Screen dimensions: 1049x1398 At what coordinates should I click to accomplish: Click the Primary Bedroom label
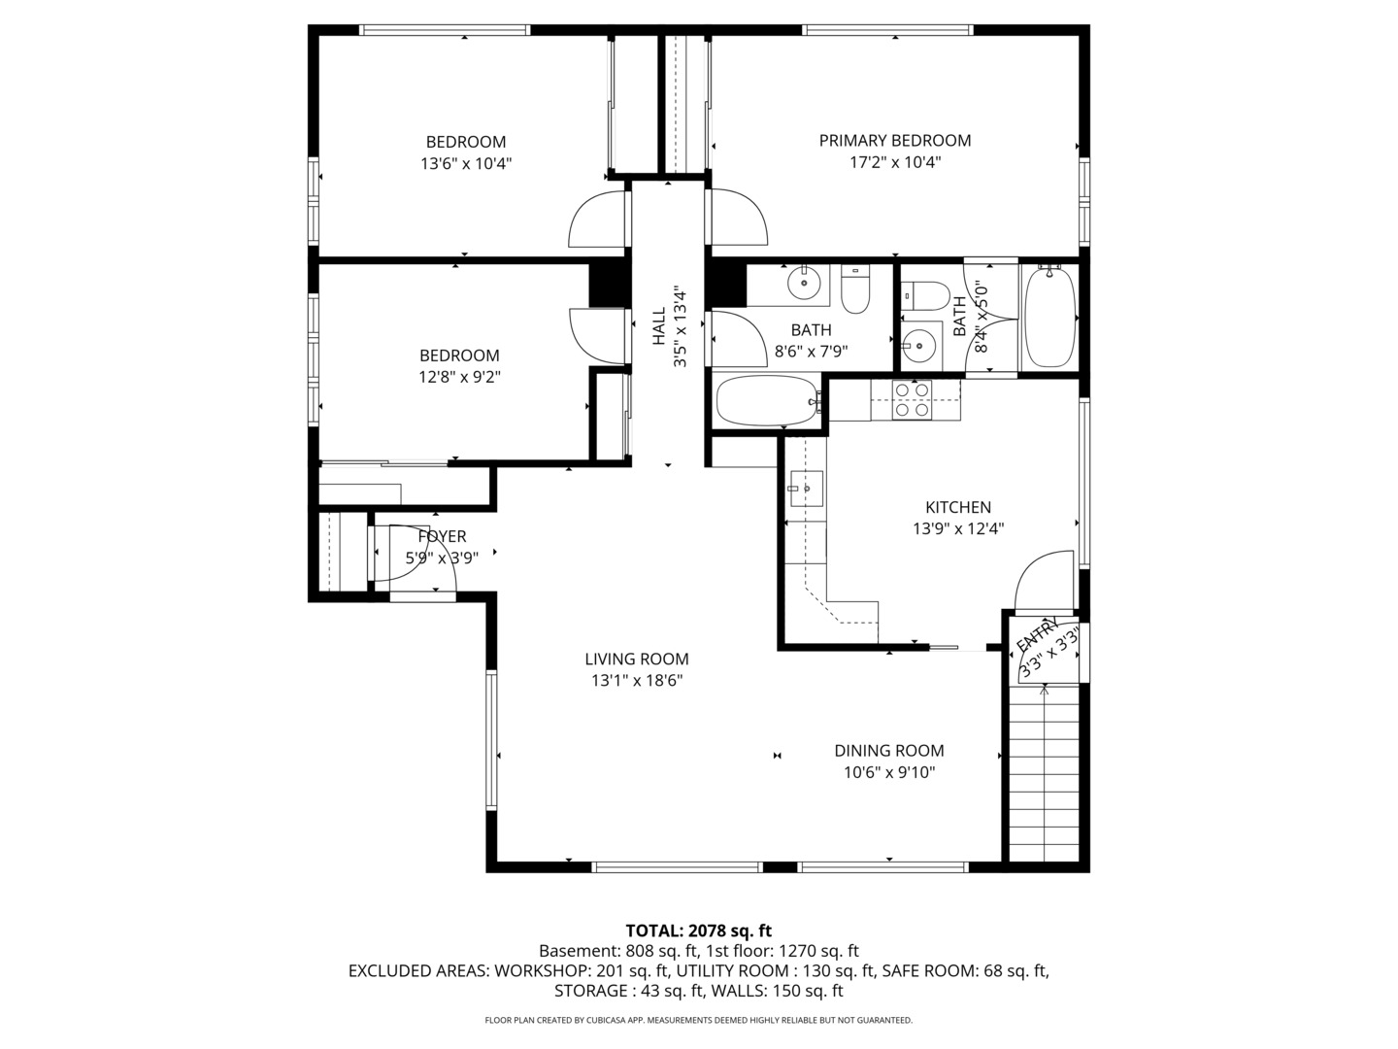click(x=894, y=141)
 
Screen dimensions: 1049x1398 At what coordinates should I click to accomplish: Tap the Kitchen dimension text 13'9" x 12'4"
click(x=957, y=529)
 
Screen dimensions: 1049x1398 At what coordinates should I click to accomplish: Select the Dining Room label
click(x=888, y=751)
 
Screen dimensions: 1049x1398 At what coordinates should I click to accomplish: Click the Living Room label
click(x=636, y=660)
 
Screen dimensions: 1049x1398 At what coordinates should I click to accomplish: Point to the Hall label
click(x=659, y=327)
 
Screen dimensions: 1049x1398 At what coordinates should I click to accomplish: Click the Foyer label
click(x=442, y=536)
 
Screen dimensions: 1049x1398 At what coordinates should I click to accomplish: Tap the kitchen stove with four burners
click(x=912, y=400)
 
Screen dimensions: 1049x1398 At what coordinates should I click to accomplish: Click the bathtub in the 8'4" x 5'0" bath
click(x=1049, y=317)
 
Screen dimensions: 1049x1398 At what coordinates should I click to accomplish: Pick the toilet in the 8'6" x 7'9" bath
click(x=854, y=290)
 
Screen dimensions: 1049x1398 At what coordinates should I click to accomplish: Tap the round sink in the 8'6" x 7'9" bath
click(x=804, y=284)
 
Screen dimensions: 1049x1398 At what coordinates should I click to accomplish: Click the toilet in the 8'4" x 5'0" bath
click(x=924, y=295)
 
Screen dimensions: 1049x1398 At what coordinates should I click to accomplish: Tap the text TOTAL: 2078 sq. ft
click(x=698, y=931)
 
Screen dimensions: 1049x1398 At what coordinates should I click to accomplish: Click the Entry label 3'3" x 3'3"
click(x=1047, y=648)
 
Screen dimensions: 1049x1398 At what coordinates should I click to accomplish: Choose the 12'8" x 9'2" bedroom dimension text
click(x=459, y=377)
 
